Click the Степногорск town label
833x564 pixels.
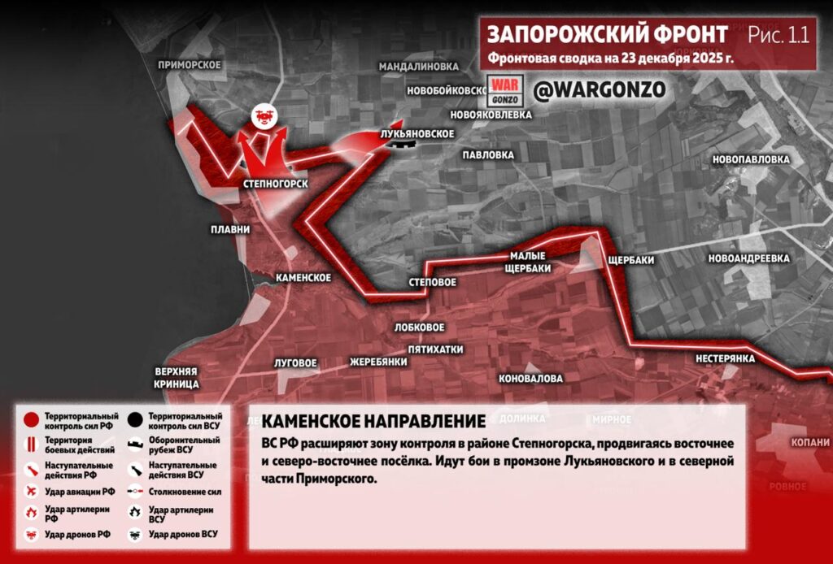(x=276, y=184)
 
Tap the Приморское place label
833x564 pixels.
(x=190, y=65)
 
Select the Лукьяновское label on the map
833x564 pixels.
(x=416, y=133)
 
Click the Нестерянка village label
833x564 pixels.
(x=726, y=358)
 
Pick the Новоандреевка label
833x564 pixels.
(x=749, y=258)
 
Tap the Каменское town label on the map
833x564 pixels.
(x=303, y=278)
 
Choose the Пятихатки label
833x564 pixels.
(x=435, y=349)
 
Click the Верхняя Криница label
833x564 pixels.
(x=177, y=377)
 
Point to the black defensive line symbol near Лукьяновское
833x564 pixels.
(x=402, y=144)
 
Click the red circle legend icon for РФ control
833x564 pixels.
(x=31, y=421)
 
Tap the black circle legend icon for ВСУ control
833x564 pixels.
(x=135, y=421)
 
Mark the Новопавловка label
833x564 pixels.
(x=751, y=159)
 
